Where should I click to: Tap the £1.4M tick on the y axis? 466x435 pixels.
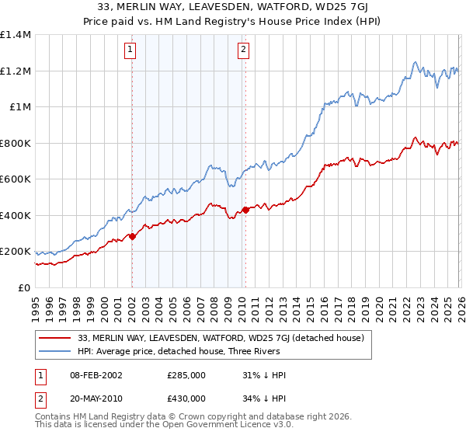click(x=16, y=35)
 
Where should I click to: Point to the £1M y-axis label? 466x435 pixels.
click(x=20, y=107)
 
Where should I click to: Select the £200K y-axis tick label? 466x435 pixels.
click(x=16, y=252)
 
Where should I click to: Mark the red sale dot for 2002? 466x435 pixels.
click(x=132, y=236)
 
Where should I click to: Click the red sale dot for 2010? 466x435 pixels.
click(x=245, y=210)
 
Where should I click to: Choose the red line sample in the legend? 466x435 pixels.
click(x=56, y=338)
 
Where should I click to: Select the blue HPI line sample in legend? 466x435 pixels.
click(x=56, y=351)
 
